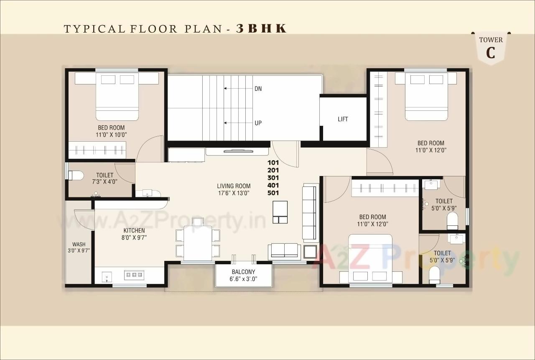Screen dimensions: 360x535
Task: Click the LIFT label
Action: pos(343,119)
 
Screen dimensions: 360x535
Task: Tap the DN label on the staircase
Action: pos(258,89)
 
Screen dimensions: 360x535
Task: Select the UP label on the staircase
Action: pos(258,123)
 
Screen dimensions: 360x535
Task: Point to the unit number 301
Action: pos(273,178)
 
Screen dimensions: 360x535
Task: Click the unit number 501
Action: pos(273,193)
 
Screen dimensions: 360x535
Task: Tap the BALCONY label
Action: pos(243,272)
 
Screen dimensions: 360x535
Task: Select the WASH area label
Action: pos(79,245)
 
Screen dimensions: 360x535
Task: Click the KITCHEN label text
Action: pos(134,230)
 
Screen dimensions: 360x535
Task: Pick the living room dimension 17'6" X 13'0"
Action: pos(234,193)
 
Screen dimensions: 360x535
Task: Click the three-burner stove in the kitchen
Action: pos(134,275)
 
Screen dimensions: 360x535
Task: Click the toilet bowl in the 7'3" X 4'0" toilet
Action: pos(75,175)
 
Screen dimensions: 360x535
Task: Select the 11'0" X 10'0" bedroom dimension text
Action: pos(111,135)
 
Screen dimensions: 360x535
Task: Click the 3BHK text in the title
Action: pos(262,28)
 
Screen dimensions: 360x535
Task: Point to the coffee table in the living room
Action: pos(280,212)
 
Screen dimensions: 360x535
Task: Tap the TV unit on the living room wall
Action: pos(237,151)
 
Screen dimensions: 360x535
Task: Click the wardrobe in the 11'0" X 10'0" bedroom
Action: pos(97,150)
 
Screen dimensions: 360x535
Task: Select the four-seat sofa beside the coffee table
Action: pos(309,213)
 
